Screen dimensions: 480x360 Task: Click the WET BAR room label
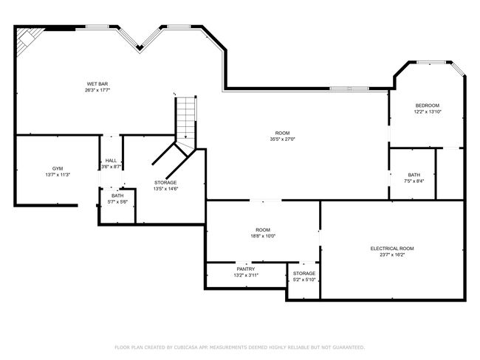(97, 84)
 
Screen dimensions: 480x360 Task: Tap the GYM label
(58, 168)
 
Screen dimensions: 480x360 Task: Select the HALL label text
(111, 161)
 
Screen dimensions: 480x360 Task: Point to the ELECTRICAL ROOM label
(392, 249)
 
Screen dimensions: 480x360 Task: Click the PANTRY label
(246, 269)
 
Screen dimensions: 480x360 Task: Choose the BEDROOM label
(428, 105)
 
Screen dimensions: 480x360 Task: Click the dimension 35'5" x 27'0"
(282, 139)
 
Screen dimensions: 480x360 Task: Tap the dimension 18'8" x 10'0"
(263, 236)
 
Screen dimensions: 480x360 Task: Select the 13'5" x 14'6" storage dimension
(165, 189)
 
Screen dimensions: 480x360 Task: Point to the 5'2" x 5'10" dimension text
(304, 280)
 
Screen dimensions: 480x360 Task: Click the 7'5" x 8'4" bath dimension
(414, 181)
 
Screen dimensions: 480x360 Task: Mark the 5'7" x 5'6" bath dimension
(117, 202)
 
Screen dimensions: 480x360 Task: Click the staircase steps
(185, 120)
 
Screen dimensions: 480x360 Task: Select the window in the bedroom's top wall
(432, 63)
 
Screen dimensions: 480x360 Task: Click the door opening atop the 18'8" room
(265, 201)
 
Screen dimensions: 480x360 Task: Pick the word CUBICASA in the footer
(186, 347)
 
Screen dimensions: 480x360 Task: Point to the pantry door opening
(244, 263)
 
